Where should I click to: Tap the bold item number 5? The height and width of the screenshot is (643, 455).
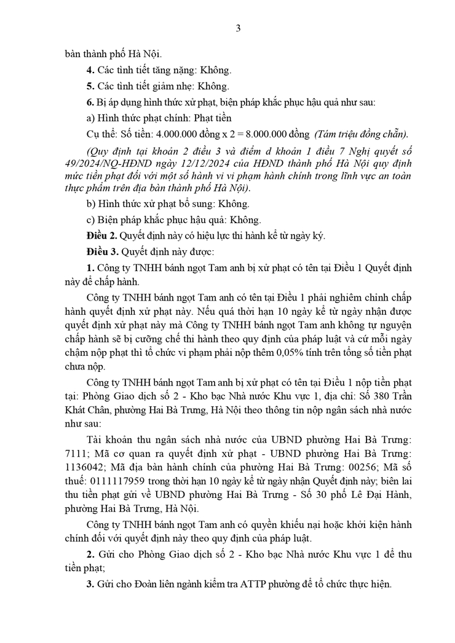(x=90, y=86)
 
